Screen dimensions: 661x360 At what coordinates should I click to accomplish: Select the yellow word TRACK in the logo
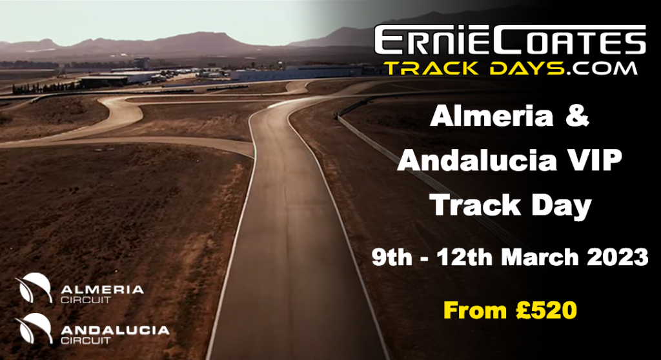[x=432, y=68]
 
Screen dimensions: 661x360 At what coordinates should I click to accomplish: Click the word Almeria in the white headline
[x=491, y=115]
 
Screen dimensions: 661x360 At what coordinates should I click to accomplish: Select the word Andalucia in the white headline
[x=477, y=160]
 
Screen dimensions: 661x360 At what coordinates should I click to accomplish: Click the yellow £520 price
[x=546, y=310]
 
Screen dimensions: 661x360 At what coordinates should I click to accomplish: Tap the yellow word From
[x=475, y=310]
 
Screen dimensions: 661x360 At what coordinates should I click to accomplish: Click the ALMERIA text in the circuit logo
[x=103, y=290]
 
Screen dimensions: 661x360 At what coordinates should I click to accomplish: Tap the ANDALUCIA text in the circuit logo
[x=115, y=330]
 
